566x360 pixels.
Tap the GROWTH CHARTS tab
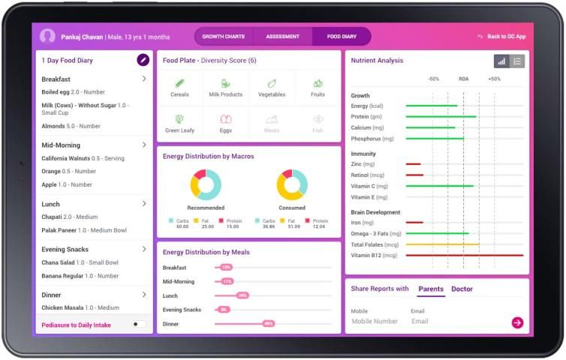click(x=224, y=36)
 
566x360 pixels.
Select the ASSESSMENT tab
click(x=282, y=36)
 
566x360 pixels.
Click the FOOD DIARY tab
click(x=342, y=36)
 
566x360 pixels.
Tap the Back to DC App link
click(x=501, y=37)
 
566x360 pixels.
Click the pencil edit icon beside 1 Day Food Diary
click(x=143, y=60)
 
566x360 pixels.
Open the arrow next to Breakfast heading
click(x=144, y=79)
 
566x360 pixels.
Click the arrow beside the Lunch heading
click(x=144, y=203)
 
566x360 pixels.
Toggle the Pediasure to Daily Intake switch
click(x=139, y=324)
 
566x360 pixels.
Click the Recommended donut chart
click(x=206, y=184)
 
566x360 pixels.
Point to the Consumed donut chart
click(x=292, y=184)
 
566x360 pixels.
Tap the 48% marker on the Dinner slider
click(x=268, y=323)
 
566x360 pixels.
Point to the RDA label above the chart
click(x=463, y=79)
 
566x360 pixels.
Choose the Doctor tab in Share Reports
click(x=462, y=289)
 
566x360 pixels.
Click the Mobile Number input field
click(x=375, y=321)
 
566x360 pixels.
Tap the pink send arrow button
click(x=517, y=322)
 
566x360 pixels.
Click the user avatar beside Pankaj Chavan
click(x=47, y=36)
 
